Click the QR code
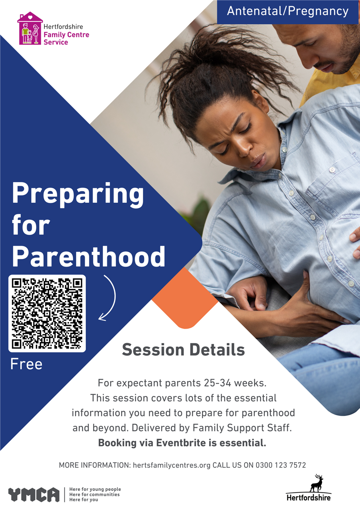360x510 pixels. pos(47,313)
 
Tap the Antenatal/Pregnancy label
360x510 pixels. pos(288,11)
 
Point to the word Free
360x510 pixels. pos(26,364)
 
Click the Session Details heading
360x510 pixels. pos(183,349)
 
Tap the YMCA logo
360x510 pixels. pos(34,494)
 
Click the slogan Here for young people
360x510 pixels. pos(95,489)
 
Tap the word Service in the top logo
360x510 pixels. pos(56,42)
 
